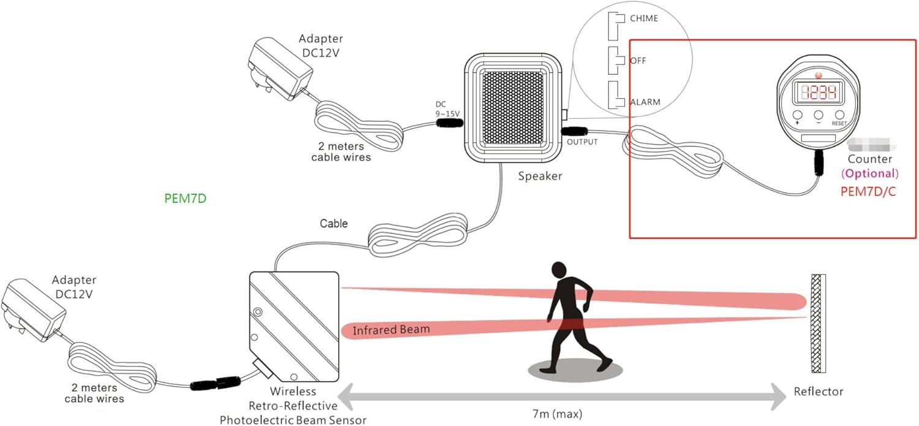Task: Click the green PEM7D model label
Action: pyautogui.click(x=186, y=198)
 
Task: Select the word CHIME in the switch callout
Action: pyautogui.click(x=644, y=18)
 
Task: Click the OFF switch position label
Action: pyautogui.click(x=638, y=61)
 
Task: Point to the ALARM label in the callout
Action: pyautogui.click(x=645, y=102)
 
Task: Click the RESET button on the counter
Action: pyautogui.click(x=839, y=115)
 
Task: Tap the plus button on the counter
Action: pyautogui.click(x=797, y=115)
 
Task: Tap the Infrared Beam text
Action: pyautogui.click(x=391, y=330)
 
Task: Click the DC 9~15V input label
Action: pyautogui.click(x=447, y=108)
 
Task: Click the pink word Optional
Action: pyautogui.click(x=870, y=173)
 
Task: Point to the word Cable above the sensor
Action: pyautogui.click(x=334, y=224)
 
